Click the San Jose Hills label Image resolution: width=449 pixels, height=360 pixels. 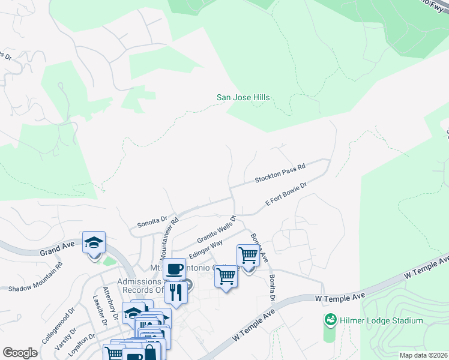(x=243, y=97)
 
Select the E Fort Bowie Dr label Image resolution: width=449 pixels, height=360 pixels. (x=286, y=195)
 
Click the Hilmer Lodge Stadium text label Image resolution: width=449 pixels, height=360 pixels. (x=381, y=320)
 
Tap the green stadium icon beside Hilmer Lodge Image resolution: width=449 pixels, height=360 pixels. (x=329, y=320)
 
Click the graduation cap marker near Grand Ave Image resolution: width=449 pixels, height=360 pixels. (x=94, y=242)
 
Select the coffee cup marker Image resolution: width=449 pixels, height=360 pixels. (x=174, y=269)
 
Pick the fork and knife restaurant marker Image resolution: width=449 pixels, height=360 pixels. (x=175, y=292)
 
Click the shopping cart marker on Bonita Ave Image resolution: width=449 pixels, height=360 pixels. (x=247, y=256)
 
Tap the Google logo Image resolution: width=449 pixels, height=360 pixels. (x=20, y=352)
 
